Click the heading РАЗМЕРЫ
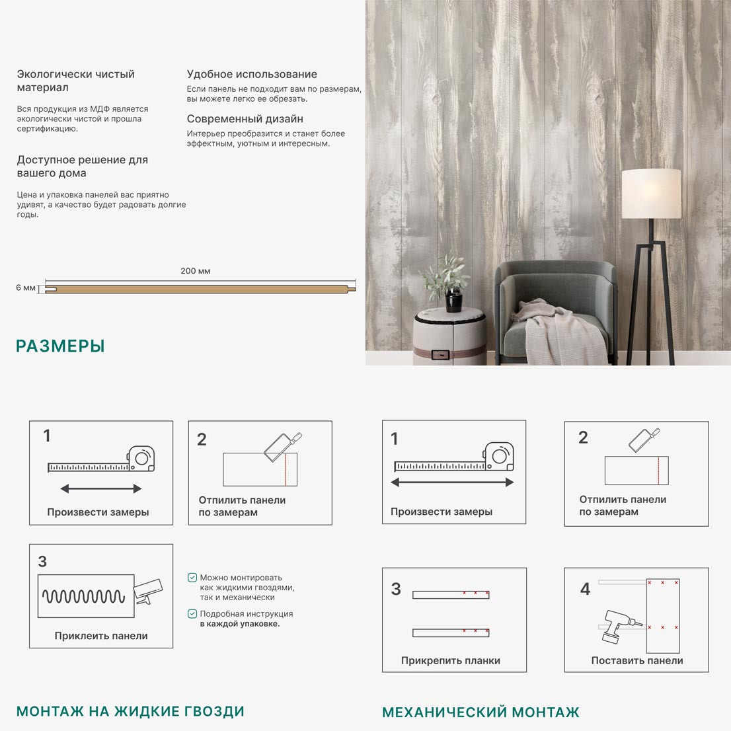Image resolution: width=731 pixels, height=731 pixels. [x=60, y=346]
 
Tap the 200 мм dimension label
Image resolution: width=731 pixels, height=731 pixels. [x=196, y=271]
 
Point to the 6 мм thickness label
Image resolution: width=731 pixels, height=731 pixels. [x=26, y=288]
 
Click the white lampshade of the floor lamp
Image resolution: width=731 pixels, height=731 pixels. [x=651, y=194]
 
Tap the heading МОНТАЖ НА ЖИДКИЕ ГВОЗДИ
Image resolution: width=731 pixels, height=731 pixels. [x=131, y=711]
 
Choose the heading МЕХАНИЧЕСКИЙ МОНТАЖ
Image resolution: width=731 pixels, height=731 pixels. [x=481, y=712]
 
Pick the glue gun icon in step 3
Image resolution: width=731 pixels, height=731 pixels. [x=148, y=591]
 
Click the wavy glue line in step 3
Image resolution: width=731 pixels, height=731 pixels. [x=84, y=596]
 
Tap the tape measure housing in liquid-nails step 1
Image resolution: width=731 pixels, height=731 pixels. [x=141, y=459]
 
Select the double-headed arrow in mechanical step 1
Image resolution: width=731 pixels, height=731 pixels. [x=452, y=482]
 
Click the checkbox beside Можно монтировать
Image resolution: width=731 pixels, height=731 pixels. [x=192, y=578]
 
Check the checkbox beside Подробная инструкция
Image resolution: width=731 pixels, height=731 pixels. [x=192, y=613]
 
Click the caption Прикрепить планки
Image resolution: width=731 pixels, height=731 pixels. [x=450, y=660]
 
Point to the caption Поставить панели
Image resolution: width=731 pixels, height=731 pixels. [x=637, y=660]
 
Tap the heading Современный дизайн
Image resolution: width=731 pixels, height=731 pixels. [x=245, y=119]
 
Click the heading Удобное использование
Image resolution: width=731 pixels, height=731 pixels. [x=252, y=74]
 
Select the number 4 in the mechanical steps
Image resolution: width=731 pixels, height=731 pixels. [x=585, y=589]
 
